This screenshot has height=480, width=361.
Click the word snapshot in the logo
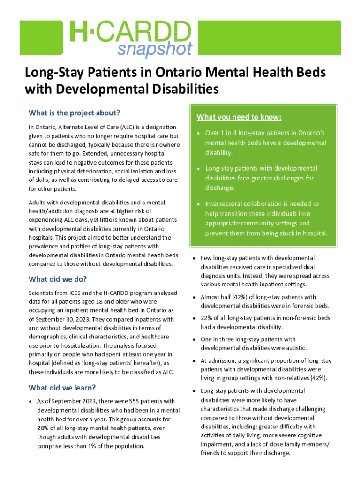[x=155, y=48]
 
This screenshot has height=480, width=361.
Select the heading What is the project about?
[x=75, y=113]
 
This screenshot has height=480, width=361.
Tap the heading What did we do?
[x=58, y=279]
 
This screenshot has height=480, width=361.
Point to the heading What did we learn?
[x=62, y=388]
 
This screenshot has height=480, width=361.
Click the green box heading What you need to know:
[x=239, y=117]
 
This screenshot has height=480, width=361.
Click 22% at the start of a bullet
[x=207, y=318]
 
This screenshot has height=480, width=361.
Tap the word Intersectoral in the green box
[x=226, y=204]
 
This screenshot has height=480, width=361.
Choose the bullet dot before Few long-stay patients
[x=195, y=258]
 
